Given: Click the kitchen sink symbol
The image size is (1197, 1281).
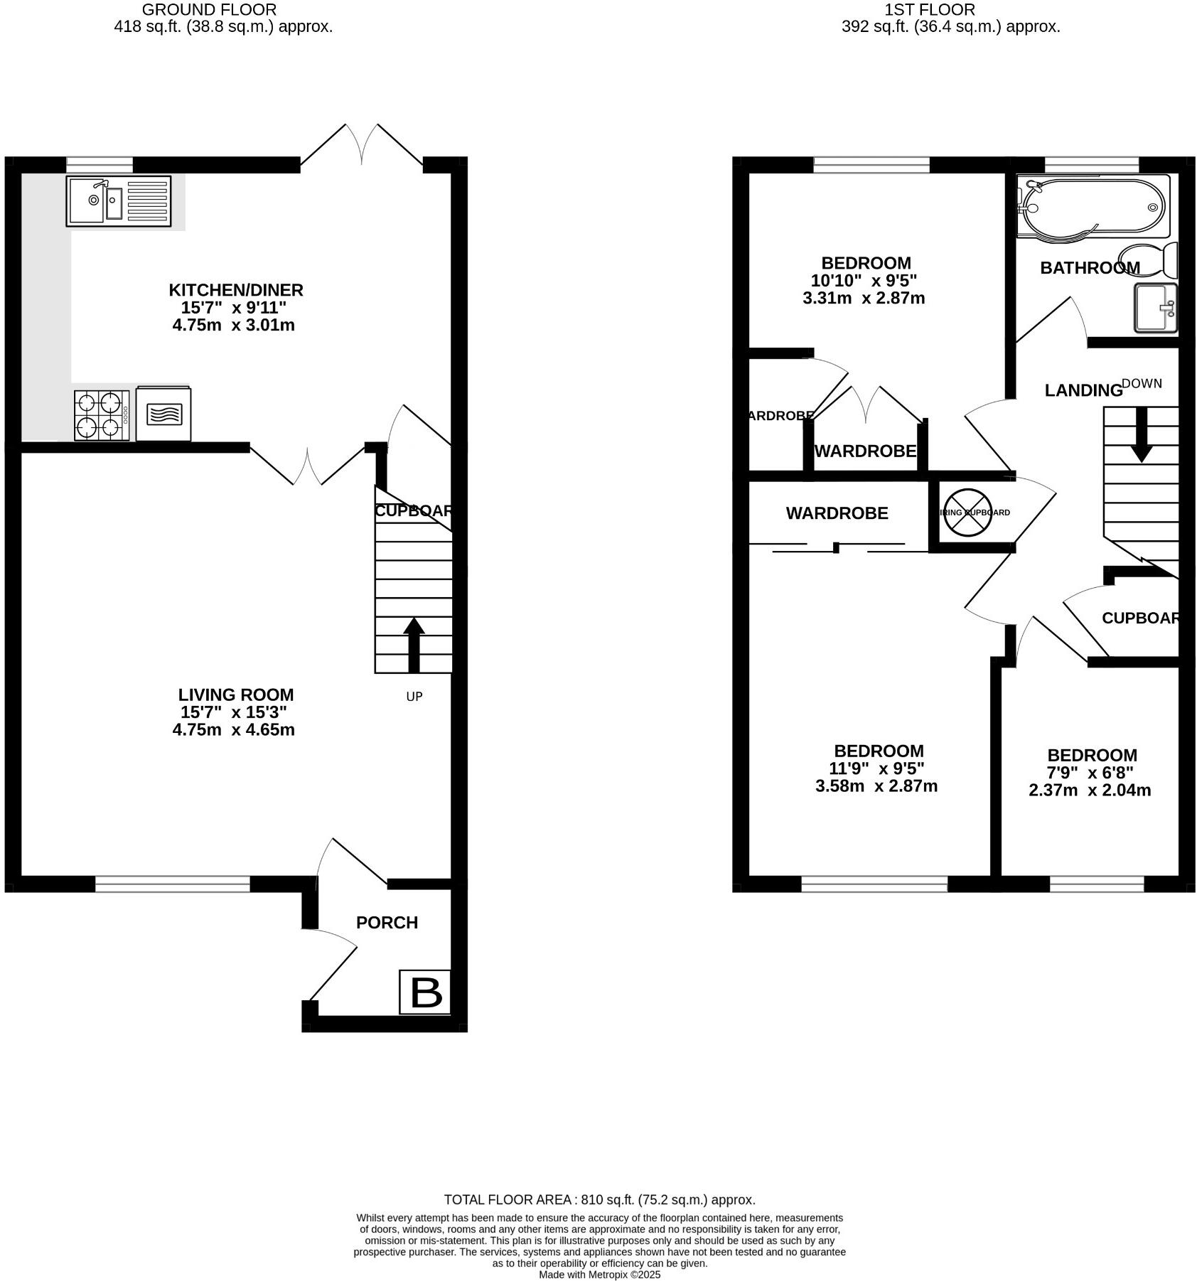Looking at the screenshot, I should point(118,201).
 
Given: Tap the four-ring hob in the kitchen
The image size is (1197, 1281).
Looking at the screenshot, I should point(102,415).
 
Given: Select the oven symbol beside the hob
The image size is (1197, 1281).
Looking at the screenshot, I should point(163,414).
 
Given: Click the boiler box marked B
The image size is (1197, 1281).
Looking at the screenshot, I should point(424,992).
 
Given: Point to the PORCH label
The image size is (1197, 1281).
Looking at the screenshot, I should point(387,923).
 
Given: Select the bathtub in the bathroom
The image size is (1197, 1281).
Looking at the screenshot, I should point(1092,207).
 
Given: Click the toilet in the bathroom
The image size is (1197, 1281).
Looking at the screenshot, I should point(1147,259).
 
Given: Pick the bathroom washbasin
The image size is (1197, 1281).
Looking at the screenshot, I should point(1155,308).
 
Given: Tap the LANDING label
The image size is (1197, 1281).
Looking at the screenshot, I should point(1083,390).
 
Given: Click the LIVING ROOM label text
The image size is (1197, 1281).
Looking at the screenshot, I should point(235,695).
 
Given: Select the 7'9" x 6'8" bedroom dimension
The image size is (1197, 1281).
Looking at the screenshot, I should point(1091,773).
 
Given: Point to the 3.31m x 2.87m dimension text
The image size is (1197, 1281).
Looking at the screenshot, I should point(863,298).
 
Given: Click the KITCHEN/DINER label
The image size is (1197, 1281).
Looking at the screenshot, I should point(235,290).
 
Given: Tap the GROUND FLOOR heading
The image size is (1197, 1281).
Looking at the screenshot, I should point(209,10).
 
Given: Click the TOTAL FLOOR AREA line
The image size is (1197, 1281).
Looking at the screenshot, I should point(598,1200).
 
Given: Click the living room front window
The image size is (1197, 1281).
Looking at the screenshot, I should point(173,884).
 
